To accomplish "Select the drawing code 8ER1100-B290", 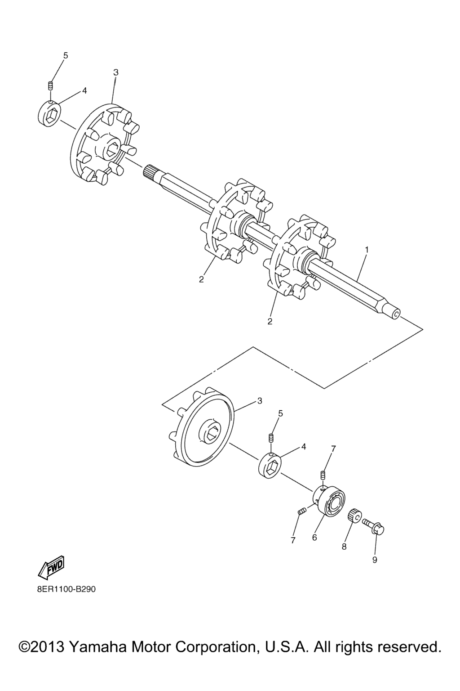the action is pyautogui.click(x=66, y=589).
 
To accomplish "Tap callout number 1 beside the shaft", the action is pyautogui.click(x=367, y=250).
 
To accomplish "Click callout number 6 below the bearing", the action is pyautogui.click(x=314, y=538).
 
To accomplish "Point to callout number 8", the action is pyautogui.click(x=344, y=546).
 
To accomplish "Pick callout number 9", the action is pyautogui.click(x=375, y=560).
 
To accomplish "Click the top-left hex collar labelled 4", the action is pyautogui.click(x=49, y=113).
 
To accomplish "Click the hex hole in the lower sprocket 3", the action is pyautogui.click(x=212, y=430).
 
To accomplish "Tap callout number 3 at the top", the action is pyautogui.click(x=116, y=72).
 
